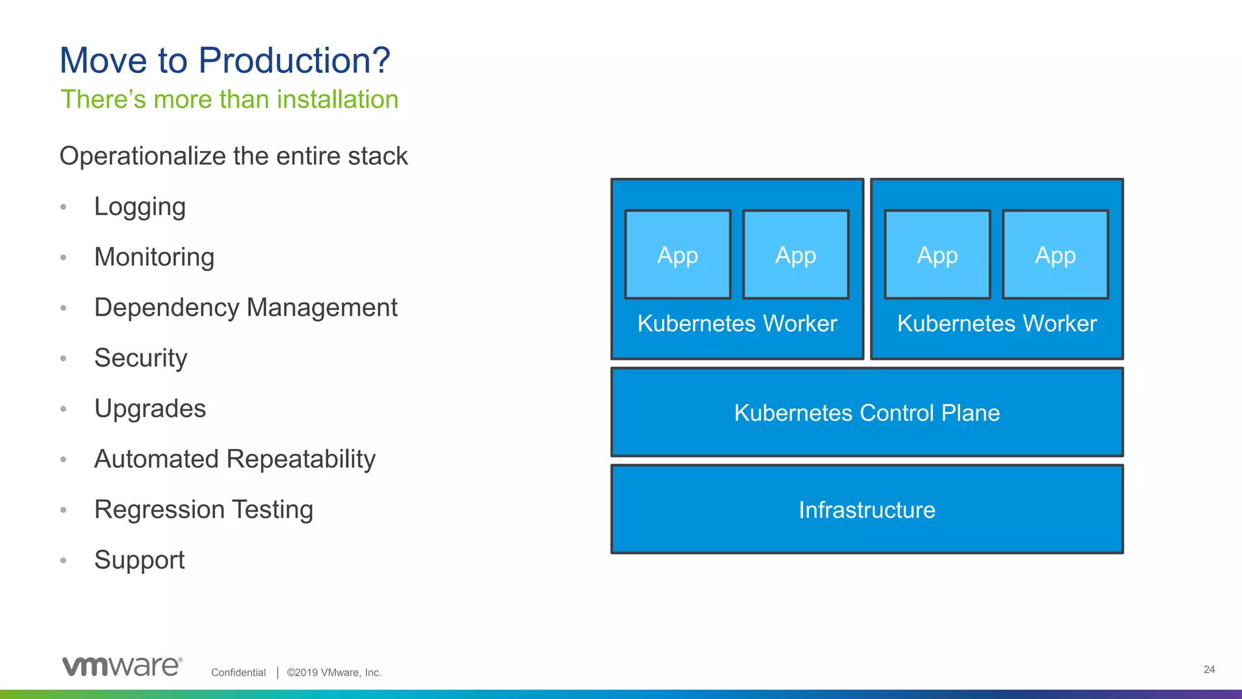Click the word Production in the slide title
click(x=294, y=61)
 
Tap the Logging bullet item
click(x=139, y=207)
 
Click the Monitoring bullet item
click(x=154, y=257)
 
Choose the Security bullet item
click(x=141, y=358)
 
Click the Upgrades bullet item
click(x=150, y=408)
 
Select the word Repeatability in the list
click(x=301, y=459)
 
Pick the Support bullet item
click(x=139, y=560)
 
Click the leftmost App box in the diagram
click(x=677, y=255)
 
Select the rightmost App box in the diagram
click(x=1055, y=255)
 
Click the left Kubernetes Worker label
click(x=737, y=323)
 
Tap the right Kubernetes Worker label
click(x=996, y=323)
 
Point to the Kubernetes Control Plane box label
click(x=867, y=413)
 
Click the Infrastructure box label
click(x=867, y=510)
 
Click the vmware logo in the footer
click(x=122, y=666)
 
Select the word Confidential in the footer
click(x=238, y=672)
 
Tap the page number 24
click(x=1209, y=669)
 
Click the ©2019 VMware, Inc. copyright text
click(x=334, y=672)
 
